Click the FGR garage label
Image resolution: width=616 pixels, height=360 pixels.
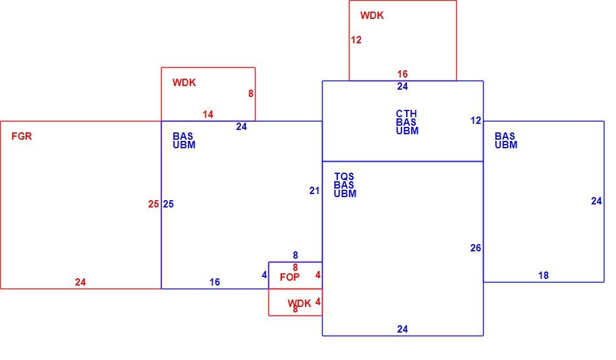[x=21, y=137]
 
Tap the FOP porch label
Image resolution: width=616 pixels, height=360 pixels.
[x=290, y=277]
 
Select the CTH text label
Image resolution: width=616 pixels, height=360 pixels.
[x=406, y=113]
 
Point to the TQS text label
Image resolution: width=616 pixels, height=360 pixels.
[x=344, y=176]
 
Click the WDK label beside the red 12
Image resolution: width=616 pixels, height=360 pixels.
[x=372, y=15]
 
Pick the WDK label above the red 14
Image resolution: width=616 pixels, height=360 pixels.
[x=184, y=82]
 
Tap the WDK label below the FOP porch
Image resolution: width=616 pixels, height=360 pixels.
[x=299, y=303]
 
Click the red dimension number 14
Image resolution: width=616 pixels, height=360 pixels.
[x=208, y=114]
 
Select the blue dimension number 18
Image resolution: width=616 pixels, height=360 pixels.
[x=543, y=276]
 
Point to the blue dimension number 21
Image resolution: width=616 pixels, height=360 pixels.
[x=314, y=190]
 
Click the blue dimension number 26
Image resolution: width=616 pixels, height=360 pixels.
[x=475, y=248]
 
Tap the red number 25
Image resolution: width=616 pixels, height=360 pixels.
[x=154, y=204]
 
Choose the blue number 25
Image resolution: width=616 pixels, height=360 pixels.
[x=168, y=204]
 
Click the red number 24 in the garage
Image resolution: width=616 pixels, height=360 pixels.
[x=80, y=282]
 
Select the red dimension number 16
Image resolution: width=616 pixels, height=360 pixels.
[x=403, y=74]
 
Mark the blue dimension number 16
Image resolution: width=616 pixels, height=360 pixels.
[x=215, y=282]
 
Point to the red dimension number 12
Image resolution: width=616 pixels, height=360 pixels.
[x=356, y=40]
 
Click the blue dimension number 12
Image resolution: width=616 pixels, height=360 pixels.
[x=476, y=121]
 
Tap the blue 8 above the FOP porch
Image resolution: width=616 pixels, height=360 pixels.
[x=295, y=256]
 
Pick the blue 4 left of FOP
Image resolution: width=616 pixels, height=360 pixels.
[x=265, y=275]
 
